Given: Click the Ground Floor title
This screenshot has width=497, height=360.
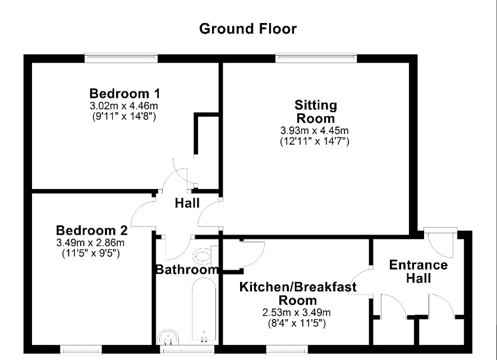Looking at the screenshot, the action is (x=248, y=29).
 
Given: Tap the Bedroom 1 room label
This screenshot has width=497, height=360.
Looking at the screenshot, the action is (x=125, y=94).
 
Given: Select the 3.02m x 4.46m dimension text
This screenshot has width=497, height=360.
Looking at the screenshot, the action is (x=124, y=105).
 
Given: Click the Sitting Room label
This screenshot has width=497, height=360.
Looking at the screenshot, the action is (x=315, y=112).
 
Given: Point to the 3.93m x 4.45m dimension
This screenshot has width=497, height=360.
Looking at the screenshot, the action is (x=315, y=130).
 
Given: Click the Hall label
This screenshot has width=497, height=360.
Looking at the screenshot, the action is (x=187, y=203).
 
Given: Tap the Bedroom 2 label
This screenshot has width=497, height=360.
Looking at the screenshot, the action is (x=91, y=230).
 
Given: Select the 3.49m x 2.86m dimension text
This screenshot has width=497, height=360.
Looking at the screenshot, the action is (x=90, y=243).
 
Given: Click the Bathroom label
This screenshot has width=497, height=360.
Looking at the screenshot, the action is (x=187, y=269).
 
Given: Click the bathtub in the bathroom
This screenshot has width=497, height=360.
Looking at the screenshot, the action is (x=204, y=311).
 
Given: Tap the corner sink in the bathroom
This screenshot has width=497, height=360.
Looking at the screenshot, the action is (x=168, y=337).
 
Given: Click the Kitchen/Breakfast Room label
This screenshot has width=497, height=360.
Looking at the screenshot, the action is (x=298, y=293).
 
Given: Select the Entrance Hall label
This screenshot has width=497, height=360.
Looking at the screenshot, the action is (x=418, y=271).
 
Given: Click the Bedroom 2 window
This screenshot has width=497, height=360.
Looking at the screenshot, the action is (x=81, y=349).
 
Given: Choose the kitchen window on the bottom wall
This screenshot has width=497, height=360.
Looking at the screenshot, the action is (x=287, y=349).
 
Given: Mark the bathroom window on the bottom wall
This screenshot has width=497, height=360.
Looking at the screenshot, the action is (x=187, y=349).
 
